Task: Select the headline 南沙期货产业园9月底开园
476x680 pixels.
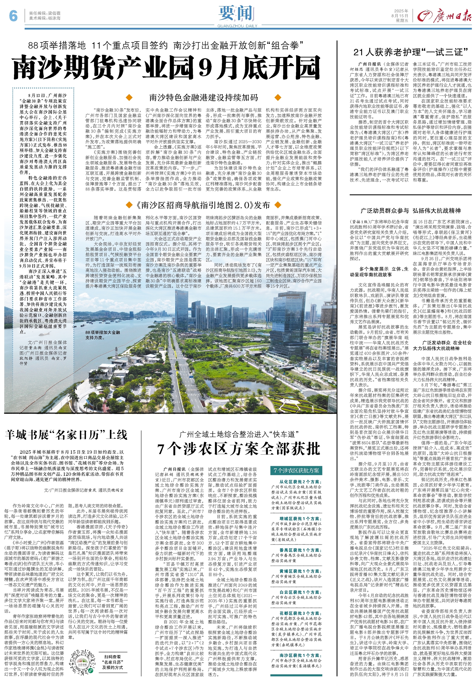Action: pyautogui.click(x=166, y=68)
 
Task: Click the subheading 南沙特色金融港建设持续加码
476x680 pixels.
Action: pyautogui.click(x=204, y=97)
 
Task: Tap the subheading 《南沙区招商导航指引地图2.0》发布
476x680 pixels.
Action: pyautogui.click(x=204, y=205)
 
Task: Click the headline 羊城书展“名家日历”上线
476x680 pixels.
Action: pyautogui.click(x=66, y=435)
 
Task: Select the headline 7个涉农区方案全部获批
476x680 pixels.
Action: pyautogui.click(x=239, y=449)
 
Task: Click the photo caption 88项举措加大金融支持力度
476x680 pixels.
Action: pyautogui.click(x=103, y=335)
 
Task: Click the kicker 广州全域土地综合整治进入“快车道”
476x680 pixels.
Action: pyautogui.click(x=239, y=434)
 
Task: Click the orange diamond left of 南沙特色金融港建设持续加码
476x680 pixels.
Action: pyautogui.click(x=129, y=97)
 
